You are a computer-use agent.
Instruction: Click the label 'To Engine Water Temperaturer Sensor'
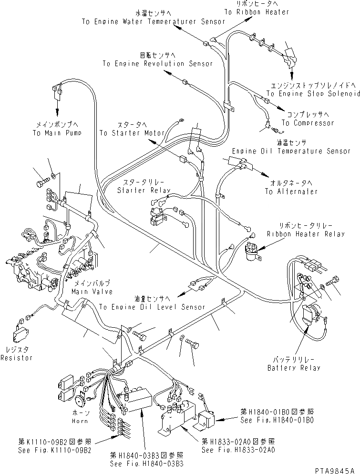tap(153, 22)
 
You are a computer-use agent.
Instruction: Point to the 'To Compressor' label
tap(308, 123)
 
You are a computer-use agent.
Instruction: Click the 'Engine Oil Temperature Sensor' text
tap(291, 151)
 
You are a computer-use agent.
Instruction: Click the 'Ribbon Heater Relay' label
tap(305, 234)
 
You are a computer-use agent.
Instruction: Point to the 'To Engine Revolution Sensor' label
tap(151, 63)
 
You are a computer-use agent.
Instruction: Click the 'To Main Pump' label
tap(54, 133)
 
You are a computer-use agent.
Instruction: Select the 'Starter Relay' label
tap(138, 191)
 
